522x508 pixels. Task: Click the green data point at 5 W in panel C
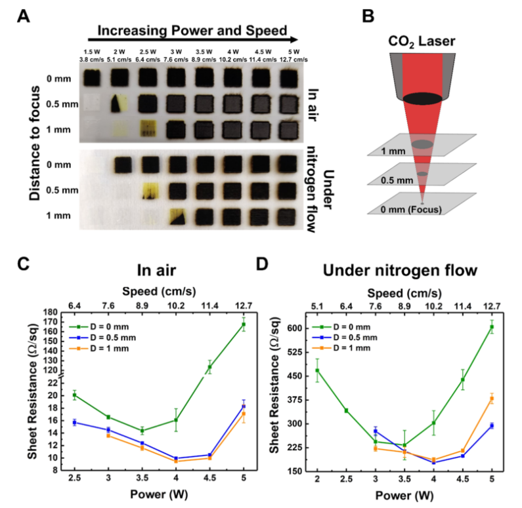[244, 324]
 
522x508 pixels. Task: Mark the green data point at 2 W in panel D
[317, 370]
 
